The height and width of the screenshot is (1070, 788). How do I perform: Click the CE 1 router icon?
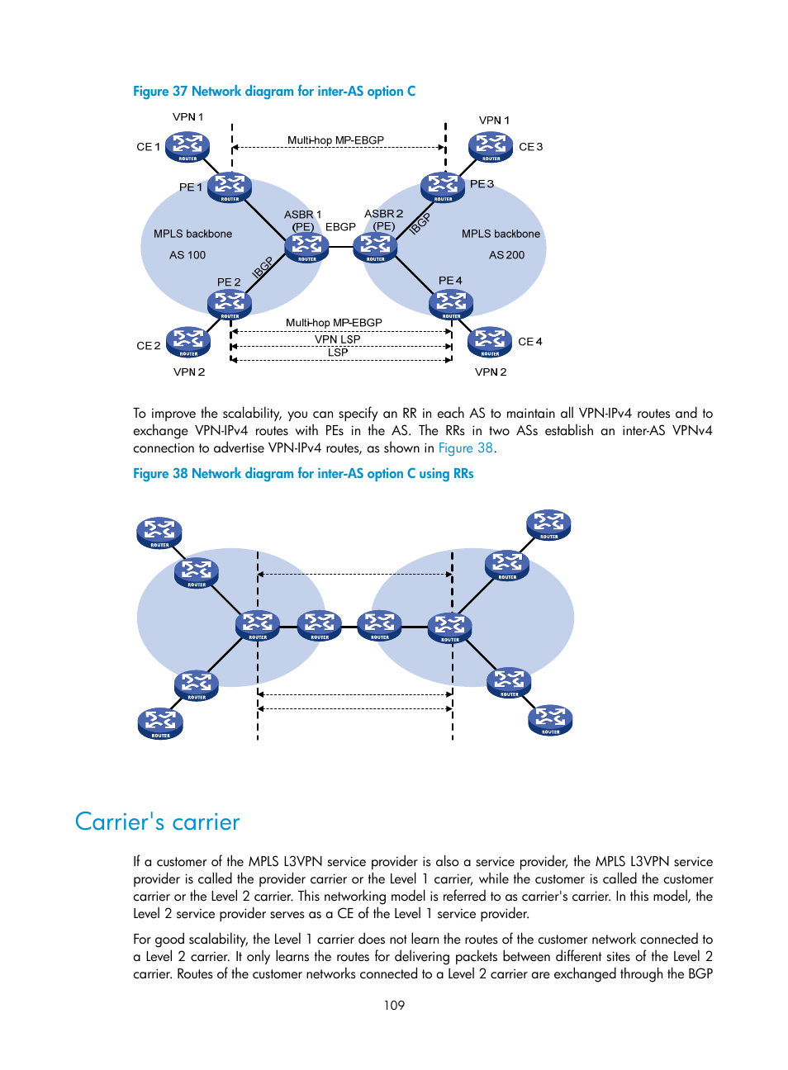coord(188,147)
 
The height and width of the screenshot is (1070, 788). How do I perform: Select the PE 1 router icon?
coord(230,187)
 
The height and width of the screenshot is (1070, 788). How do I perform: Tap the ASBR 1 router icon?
coord(306,247)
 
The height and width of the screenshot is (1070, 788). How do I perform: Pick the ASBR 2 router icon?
coord(375,247)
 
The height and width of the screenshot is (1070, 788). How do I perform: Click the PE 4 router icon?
coord(451,304)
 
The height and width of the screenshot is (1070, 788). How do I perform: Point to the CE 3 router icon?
coord(491,147)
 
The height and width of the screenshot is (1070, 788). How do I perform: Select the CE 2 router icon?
coord(188,342)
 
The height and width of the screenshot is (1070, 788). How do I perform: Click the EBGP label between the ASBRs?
coord(340,226)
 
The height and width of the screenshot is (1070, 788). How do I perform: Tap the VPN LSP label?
coord(337,339)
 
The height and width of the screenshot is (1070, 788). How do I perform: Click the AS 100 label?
coord(188,255)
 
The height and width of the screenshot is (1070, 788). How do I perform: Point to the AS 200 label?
coord(506,255)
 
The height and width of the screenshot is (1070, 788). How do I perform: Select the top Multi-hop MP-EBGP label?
coord(335,140)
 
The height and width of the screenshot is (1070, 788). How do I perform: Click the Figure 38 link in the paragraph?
coord(465,448)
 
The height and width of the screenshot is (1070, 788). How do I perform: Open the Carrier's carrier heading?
coord(157,822)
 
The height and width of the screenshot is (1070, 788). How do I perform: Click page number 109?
coord(394,1006)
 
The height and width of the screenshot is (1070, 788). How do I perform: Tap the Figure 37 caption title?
coord(274,92)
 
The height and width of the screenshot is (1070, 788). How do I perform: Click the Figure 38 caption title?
coord(303,474)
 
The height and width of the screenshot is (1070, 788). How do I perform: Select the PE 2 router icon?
coord(230,304)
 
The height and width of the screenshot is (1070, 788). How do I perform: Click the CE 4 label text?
coord(530,342)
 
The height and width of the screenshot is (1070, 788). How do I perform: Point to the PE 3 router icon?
coord(443,187)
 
